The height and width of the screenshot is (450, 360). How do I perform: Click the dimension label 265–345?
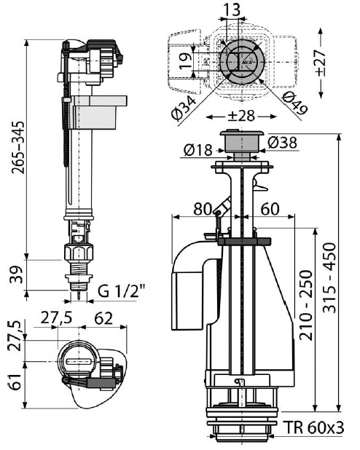pyautogui.click(x=18, y=148)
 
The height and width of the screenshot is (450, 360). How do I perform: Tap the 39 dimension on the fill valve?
pyautogui.click(x=16, y=275)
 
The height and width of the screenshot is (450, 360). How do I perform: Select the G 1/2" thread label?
pyautogui.click(x=122, y=291)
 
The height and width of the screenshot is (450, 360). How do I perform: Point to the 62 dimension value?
pyautogui.click(x=103, y=318)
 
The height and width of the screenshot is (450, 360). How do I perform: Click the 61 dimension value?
pyautogui.click(x=15, y=382)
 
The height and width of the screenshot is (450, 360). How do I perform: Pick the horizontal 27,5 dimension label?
pyautogui.click(x=56, y=318)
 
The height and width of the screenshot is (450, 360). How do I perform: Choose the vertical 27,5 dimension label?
pyautogui.click(x=15, y=336)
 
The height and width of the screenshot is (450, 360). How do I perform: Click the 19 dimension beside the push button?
pyautogui.click(x=186, y=60)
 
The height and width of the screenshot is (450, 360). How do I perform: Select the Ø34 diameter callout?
pyautogui.click(x=184, y=107)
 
